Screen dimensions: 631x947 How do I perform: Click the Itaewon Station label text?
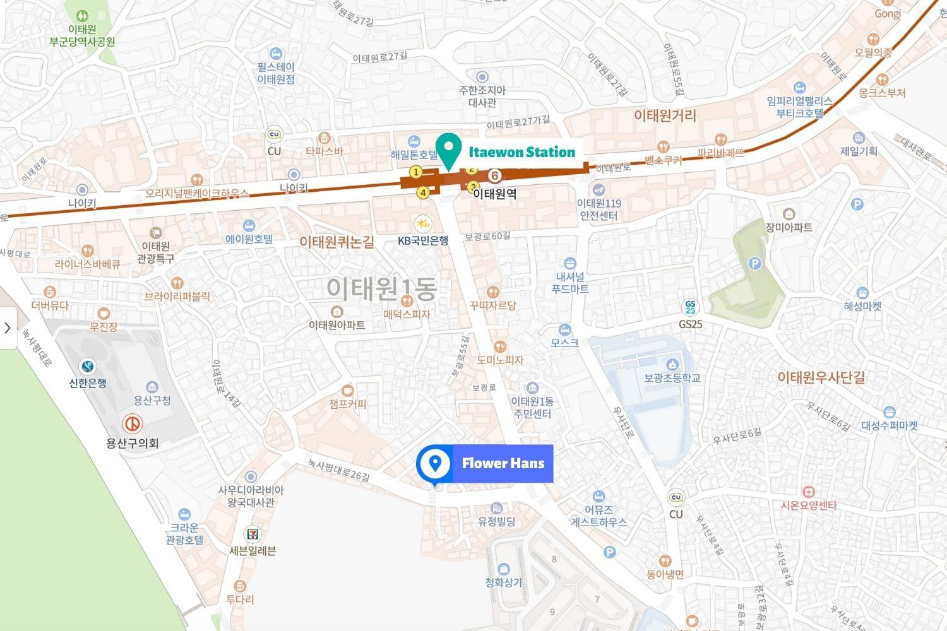coord(521,152)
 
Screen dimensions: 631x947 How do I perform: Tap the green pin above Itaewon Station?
coord(448,149)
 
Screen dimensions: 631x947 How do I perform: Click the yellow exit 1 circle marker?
coord(415,172)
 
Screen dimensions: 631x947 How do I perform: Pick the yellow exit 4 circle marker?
coord(423,193)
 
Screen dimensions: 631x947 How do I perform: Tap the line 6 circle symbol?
coord(496,175)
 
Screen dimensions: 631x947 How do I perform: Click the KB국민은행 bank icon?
coord(423,223)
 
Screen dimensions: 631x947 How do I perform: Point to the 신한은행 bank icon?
coord(88,366)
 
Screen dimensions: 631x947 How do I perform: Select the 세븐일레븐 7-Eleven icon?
coord(253,533)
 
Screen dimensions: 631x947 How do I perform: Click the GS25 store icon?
coord(691,307)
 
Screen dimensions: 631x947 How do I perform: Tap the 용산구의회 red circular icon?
coord(132,423)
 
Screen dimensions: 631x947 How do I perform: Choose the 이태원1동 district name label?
coord(381,289)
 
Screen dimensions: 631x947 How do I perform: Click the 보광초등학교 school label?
coord(672,378)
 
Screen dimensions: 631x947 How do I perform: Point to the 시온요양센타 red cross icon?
coord(808,491)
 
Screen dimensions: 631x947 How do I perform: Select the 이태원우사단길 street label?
coord(821,377)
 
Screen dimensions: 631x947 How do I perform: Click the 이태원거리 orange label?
coord(665,115)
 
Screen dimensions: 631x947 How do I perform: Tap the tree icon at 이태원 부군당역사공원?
coord(82,15)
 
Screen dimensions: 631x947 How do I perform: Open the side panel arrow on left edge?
coord(8,327)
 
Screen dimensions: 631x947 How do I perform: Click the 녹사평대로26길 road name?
coord(338,469)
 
